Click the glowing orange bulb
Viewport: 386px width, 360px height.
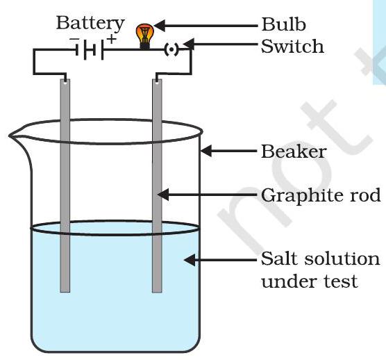coord(145,36)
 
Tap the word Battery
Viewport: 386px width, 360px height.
coord(90,24)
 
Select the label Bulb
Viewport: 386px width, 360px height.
coord(283,24)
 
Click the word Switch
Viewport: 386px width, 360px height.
coord(292,46)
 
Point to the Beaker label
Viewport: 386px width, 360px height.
coord(294,152)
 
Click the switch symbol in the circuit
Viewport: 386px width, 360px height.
coord(171,49)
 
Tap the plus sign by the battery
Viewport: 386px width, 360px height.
coord(112,39)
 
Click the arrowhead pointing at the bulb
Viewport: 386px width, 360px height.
coord(159,26)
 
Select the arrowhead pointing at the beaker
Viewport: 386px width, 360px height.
coord(206,151)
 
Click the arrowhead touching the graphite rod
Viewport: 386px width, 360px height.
coord(163,195)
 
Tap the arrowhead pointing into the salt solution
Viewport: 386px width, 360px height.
coord(190,260)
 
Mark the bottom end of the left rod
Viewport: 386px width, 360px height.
coord(65,292)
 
